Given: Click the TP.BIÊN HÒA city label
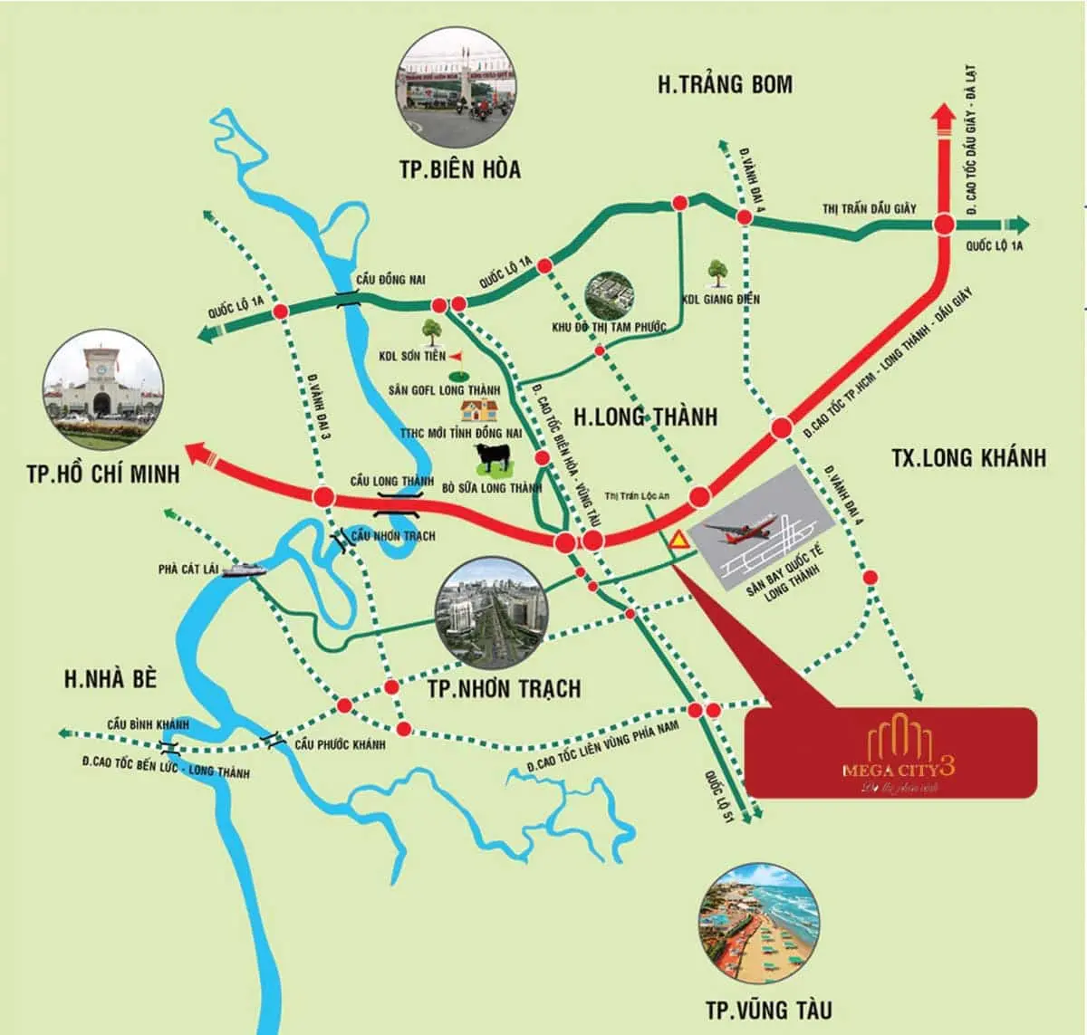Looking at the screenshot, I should click(x=460, y=169).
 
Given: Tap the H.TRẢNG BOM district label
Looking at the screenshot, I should click(x=725, y=85).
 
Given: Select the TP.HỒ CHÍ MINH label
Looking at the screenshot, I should click(x=103, y=474).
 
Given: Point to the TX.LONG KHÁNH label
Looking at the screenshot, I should click(x=967, y=457).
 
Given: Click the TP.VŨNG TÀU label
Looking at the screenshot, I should click(x=768, y=1010).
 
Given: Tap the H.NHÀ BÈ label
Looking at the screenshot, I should click(x=111, y=679).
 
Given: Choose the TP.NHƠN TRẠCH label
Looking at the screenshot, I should click(x=504, y=689).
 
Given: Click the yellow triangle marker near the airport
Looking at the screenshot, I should click(x=678, y=541).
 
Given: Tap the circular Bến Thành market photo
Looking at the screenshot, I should click(x=104, y=384).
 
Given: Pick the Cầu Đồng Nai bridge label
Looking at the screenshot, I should click(x=390, y=280).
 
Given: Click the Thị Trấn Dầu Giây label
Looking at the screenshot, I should click(x=869, y=208).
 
